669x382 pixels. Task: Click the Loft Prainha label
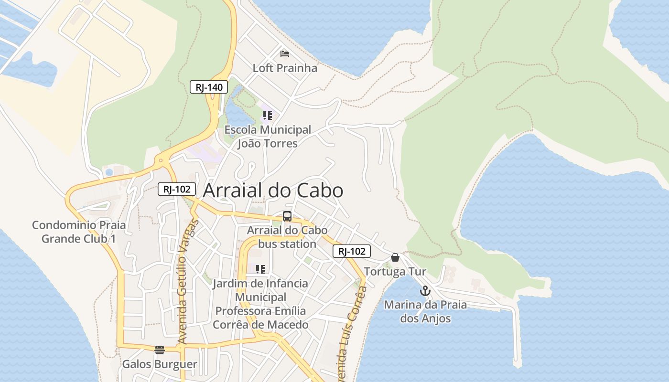point(285,68)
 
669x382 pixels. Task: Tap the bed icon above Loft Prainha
point(285,53)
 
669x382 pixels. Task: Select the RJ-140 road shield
point(209,87)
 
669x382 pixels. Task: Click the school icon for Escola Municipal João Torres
point(268,116)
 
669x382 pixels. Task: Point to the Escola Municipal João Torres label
point(268,137)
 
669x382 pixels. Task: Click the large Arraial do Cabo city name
point(273,191)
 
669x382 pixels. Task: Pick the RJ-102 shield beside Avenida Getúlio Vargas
point(177,189)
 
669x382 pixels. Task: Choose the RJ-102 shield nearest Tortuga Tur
point(352,251)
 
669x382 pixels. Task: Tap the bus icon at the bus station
point(287,216)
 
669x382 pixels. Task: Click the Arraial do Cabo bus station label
point(287,237)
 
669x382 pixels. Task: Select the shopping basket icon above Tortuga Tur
point(395,257)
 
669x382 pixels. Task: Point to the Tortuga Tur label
point(395,272)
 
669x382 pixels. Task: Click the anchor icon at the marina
point(425,290)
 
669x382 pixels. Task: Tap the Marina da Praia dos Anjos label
point(425,311)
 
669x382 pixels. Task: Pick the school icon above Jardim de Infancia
point(260,269)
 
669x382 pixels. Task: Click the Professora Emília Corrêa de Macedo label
point(260,318)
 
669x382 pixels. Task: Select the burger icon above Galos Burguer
point(160,350)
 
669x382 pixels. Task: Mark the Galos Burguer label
point(160,364)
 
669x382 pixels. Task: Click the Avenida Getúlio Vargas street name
point(187,282)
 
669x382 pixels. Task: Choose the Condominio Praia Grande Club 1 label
point(79,232)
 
